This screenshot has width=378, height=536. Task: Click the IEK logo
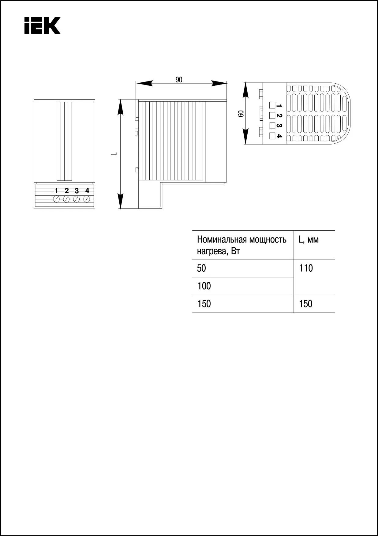coord(42,26)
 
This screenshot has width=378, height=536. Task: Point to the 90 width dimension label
coord(179,80)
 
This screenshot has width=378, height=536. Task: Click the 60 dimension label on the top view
coord(241,114)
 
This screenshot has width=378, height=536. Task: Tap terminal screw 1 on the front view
coord(56,199)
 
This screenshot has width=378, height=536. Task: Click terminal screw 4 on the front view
coord(87,199)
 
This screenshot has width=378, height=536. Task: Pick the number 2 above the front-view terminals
coord(67,191)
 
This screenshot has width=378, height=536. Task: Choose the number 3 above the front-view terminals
coord(77,191)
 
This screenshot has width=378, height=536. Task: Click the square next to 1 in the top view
coord(272,105)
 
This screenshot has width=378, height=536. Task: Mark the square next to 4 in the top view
coord(272,136)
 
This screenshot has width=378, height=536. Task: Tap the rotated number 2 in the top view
coord(279,116)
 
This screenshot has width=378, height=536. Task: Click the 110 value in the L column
coord(306,268)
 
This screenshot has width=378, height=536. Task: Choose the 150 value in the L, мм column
coord(306,304)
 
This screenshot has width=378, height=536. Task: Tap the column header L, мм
coord(309,240)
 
